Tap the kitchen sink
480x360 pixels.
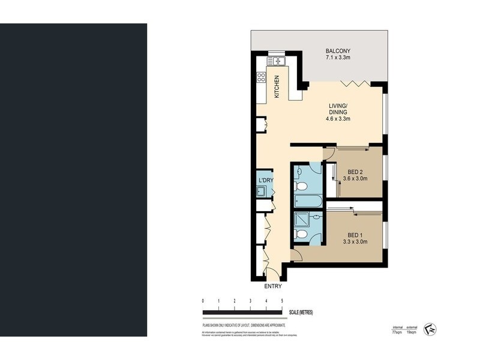coord(277,61)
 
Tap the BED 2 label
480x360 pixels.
coord(356,172)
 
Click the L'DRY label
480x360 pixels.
coord(265,181)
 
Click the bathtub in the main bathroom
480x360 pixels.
coord(308,201)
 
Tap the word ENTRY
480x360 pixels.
coord(272,287)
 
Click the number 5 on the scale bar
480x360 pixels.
coord(282,301)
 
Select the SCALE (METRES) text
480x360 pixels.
coord(301,313)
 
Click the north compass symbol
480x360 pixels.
coord(430,329)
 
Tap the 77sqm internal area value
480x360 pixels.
coord(397,331)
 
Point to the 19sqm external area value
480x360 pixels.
coord(412,331)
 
